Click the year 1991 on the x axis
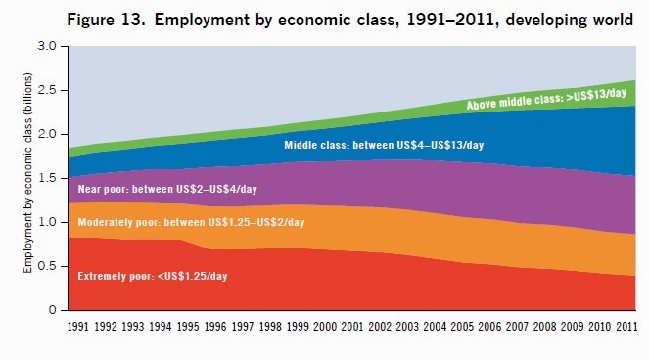point(77,327)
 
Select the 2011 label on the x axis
point(626,327)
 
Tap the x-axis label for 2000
point(325,327)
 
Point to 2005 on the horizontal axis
point(462,327)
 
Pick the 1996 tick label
point(215,327)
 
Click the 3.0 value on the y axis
point(47,46)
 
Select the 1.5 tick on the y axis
point(47,178)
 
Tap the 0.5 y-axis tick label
point(47,266)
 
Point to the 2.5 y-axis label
point(47,90)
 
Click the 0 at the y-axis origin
point(52,310)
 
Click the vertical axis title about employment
point(27,173)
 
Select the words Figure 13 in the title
point(106,20)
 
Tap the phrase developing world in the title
point(569,20)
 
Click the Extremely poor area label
point(153,277)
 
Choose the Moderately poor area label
point(191,223)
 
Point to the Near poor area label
point(167,189)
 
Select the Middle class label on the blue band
point(384,145)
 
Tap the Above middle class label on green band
point(546,100)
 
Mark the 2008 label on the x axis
point(544,327)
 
